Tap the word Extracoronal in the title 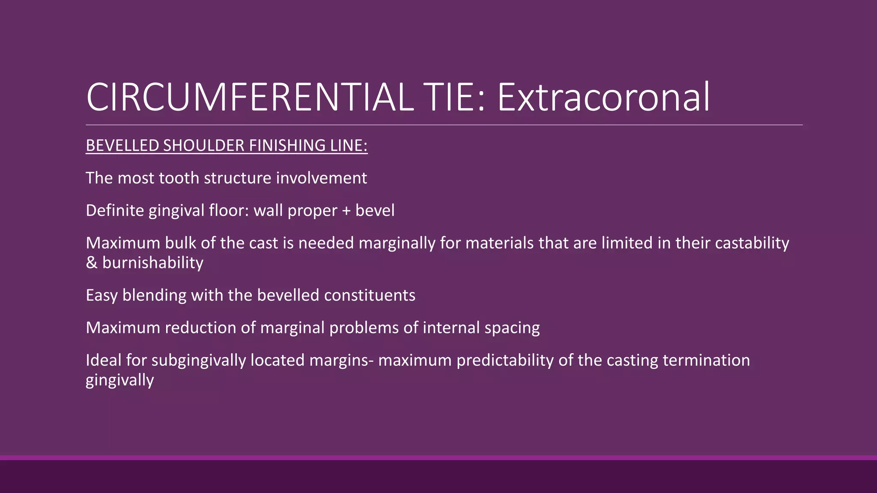(603, 98)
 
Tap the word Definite (115, 211)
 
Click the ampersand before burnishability (91, 263)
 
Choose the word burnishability (153, 263)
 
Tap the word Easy (101, 295)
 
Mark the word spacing (512, 328)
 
